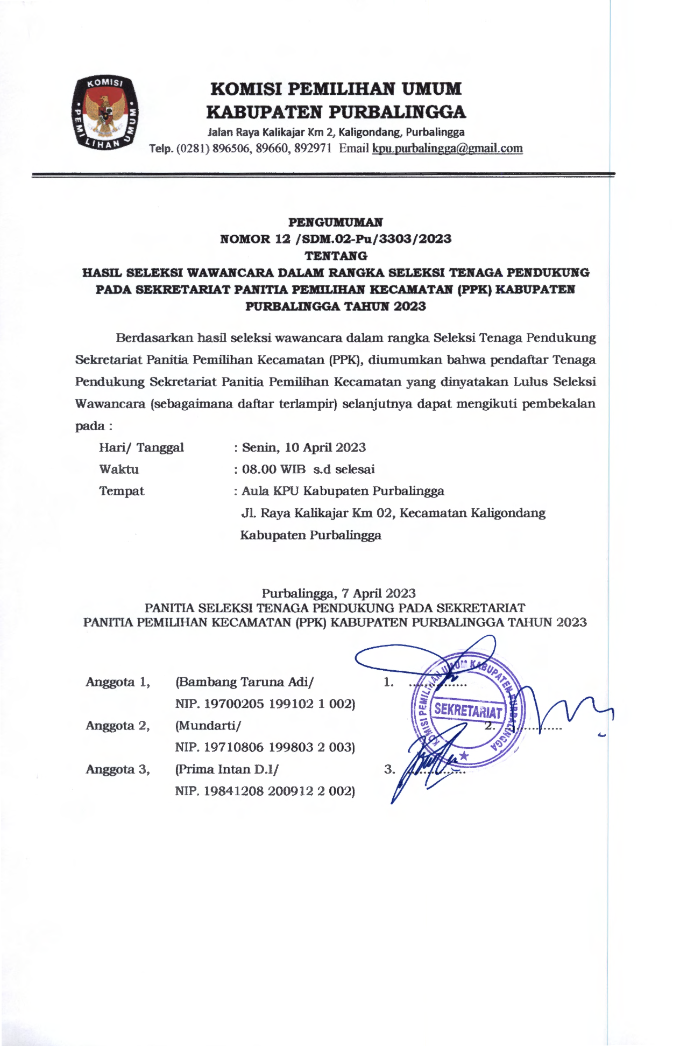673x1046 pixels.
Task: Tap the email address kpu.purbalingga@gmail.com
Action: [447, 149]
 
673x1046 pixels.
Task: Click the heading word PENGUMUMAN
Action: [336, 222]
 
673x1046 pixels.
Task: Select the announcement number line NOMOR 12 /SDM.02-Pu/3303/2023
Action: [336, 239]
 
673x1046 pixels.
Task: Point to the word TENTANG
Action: [336, 256]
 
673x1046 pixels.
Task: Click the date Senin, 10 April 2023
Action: [304, 447]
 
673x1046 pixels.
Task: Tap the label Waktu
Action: [119, 469]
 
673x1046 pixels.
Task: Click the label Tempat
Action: [122, 491]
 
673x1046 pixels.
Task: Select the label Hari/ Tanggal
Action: [141, 447]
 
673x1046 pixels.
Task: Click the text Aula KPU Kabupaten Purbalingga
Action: [343, 491]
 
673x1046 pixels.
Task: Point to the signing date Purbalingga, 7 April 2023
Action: [338, 593]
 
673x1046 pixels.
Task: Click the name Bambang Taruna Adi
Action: [244, 682]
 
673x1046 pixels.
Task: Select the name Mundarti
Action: [207, 726]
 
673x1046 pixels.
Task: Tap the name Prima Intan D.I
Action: [226, 769]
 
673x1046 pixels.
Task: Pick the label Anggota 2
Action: [117, 726]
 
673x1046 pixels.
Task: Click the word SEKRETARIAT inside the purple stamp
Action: [468, 711]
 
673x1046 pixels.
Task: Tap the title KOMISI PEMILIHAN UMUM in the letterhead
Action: [336, 89]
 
